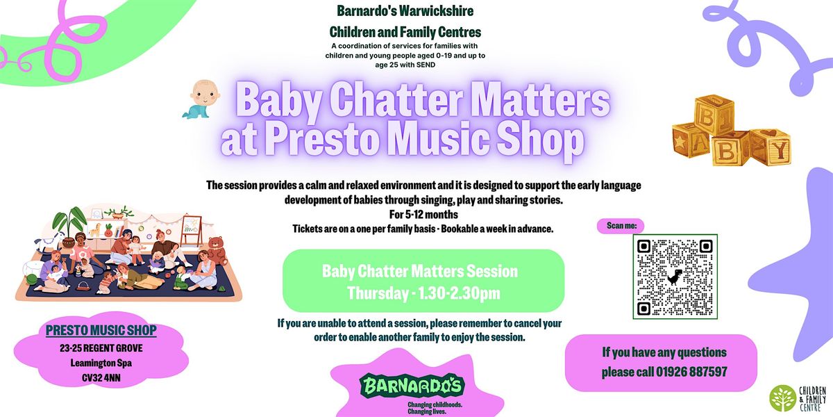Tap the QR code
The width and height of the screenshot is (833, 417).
point(675,277)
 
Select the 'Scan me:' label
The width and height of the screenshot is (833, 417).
point(621,225)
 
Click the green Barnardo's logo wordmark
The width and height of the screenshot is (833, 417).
point(412,386)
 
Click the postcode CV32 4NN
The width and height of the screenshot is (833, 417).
point(101,379)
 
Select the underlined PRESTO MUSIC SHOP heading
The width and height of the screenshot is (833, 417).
point(101,330)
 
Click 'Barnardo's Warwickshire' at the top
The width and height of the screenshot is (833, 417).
point(405,11)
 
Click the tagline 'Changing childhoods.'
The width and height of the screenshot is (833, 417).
point(435,403)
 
